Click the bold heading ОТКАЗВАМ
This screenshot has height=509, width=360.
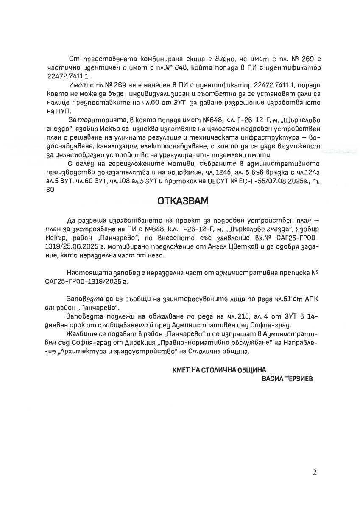(x=183, y=201)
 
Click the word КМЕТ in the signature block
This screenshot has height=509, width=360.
(x=181, y=370)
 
